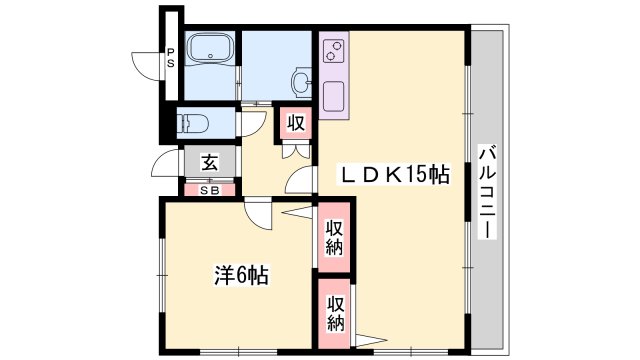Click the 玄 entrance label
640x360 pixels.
210,162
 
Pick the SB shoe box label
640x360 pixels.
210,188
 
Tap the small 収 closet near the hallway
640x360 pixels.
296,124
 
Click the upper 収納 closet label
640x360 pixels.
334,237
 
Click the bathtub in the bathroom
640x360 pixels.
210,50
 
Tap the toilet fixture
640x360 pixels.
193,124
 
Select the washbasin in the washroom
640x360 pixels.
301,80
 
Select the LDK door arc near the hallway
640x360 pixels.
300,180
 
